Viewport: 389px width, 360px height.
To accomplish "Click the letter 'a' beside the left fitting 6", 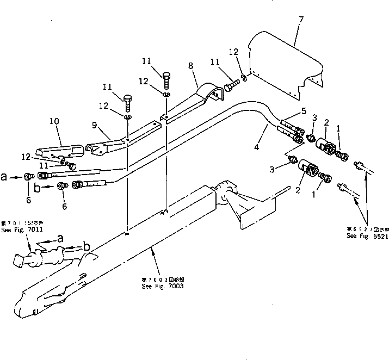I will (x=4, y=176).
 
